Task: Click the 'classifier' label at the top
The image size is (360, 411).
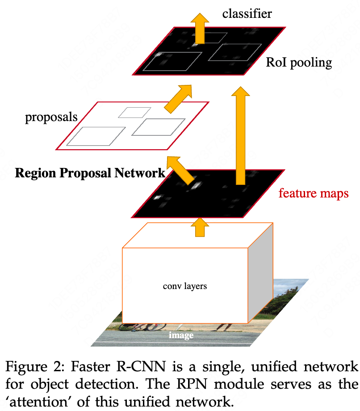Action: tap(247, 14)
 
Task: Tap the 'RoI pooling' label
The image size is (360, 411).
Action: tap(299, 62)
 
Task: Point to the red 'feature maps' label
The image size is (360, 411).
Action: tap(313, 193)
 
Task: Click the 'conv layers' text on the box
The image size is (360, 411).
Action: tap(184, 285)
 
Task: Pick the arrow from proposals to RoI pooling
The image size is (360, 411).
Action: tap(178, 99)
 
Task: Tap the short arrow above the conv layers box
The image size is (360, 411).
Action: tap(200, 226)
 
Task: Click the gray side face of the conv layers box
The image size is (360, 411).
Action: tap(260, 277)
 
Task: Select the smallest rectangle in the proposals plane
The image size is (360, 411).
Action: tap(130, 112)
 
